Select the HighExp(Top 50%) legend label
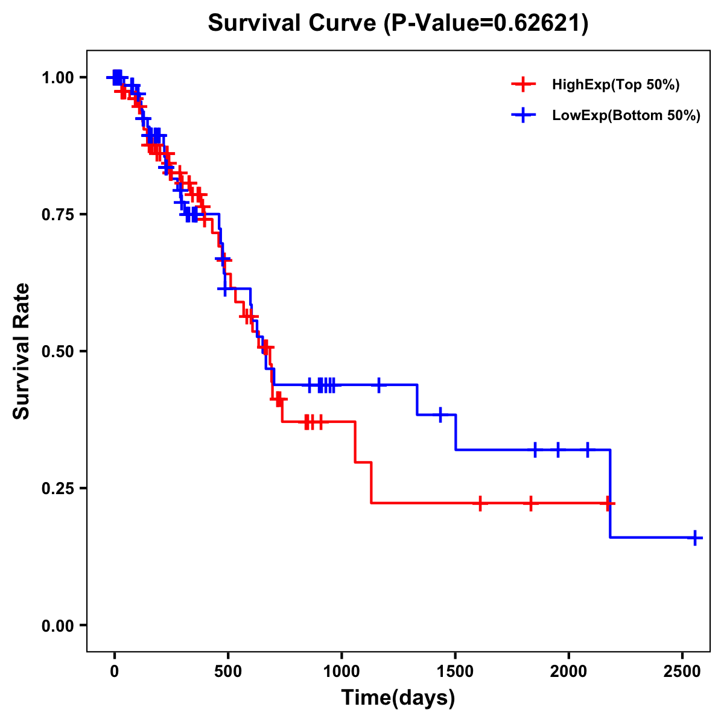[615, 85]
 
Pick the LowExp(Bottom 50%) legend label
[626, 116]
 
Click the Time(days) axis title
[398, 698]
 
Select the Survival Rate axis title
[22, 351]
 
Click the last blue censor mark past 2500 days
[695, 538]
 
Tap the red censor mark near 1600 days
[480, 503]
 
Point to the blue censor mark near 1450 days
[440, 415]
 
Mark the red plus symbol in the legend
[523, 85]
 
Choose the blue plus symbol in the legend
[523, 116]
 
